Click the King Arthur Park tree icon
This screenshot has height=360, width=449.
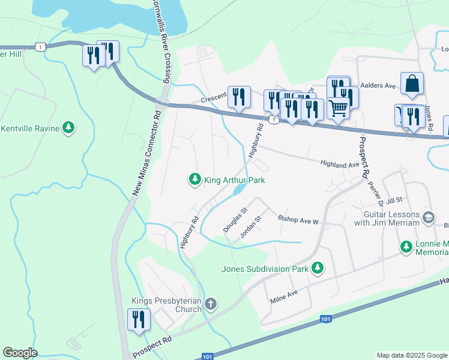[194, 179]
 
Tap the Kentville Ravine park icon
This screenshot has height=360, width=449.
[70, 127]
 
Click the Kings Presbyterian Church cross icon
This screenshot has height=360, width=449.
[210, 304]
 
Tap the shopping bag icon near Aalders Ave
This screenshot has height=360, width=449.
[412, 85]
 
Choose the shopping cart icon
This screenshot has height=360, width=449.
[339, 109]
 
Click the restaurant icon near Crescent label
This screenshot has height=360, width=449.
[239, 97]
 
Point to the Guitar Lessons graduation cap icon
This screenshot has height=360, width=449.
[429, 217]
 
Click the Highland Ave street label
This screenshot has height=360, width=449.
[339, 163]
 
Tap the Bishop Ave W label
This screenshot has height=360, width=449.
[298, 221]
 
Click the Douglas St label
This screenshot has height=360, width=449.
[235, 220]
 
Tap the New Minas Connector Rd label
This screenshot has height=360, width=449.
[145, 154]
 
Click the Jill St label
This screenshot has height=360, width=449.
[394, 199]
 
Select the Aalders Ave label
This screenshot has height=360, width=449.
[378, 86]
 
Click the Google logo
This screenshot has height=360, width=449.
[20, 353]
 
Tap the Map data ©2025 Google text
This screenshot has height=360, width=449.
[411, 355]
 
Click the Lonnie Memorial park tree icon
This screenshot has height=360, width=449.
[406, 247]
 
